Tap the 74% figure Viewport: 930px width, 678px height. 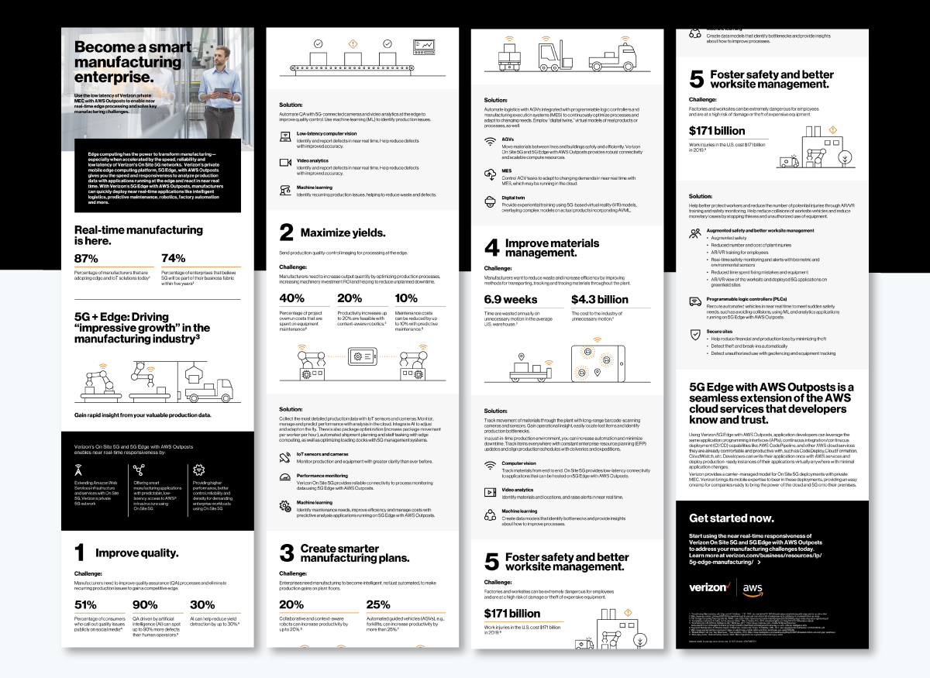(174, 258)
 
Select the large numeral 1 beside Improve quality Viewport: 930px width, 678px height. (79, 552)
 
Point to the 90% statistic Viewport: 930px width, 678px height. (145, 604)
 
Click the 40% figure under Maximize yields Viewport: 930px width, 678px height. (291, 298)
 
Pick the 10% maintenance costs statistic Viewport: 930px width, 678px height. (406, 298)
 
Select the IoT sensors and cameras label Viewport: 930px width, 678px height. (322, 453)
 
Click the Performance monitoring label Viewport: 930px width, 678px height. (322, 475)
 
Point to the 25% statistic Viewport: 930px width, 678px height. (377, 604)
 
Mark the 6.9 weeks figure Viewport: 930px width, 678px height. (511, 299)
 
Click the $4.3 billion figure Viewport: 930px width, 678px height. (599, 299)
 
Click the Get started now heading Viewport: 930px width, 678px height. (731, 518)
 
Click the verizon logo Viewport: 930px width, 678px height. (711, 587)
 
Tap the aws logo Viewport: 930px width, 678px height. (753, 588)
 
